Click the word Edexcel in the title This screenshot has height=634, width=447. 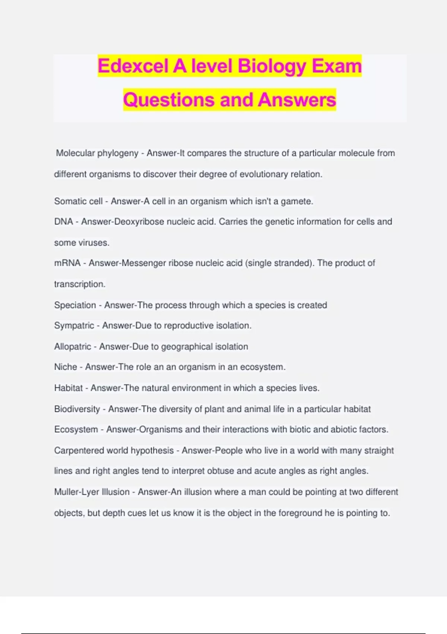click(133, 66)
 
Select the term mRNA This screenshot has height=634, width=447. click(67, 263)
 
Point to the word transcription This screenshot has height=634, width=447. click(80, 284)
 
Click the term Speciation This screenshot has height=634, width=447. click(75, 305)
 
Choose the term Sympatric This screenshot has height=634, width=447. click(74, 326)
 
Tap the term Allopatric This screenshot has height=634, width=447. click(72, 346)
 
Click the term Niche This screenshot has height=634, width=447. click(66, 367)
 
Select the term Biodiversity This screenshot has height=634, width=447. click(77, 409)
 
